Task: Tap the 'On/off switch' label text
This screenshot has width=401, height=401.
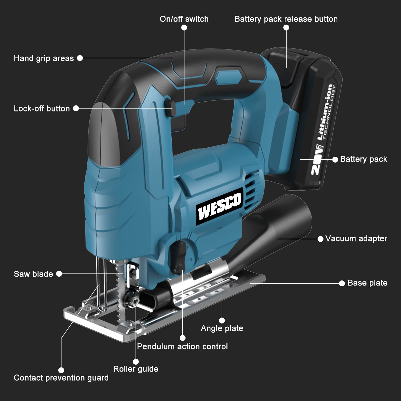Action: pos(184,19)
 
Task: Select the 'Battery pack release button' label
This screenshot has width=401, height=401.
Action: pos(286,19)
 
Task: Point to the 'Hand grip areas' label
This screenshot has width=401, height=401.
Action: pos(44,58)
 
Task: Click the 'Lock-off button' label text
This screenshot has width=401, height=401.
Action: pos(42,109)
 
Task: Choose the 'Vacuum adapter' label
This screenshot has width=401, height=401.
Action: pos(356,238)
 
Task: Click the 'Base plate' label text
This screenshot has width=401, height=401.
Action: pos(367,283)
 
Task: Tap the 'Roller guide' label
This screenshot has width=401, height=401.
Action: pos(136,369)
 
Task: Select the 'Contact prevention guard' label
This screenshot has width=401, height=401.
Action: pos(61,378)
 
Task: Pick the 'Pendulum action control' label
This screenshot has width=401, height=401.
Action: pos(182,346)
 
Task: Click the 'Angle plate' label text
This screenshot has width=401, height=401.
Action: pos(222,328)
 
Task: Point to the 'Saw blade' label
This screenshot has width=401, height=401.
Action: pos(33,274)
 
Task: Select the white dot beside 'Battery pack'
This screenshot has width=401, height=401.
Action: pos(335,159)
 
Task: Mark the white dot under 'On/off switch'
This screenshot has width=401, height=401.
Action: pos(184,28)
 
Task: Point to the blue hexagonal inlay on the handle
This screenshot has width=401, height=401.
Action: pos(228,77)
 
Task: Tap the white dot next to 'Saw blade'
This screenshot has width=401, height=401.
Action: pos(59,274)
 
